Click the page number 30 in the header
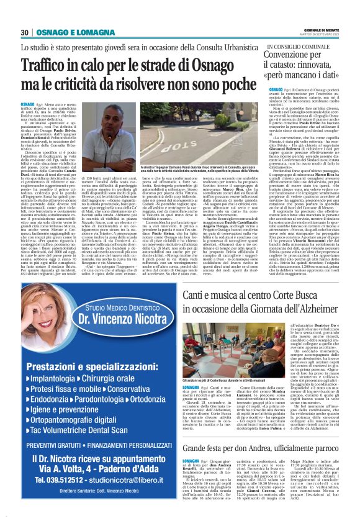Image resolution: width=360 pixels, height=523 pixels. coord(25,32)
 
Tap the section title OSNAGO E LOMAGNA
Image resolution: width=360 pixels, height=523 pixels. coord(67,32)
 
